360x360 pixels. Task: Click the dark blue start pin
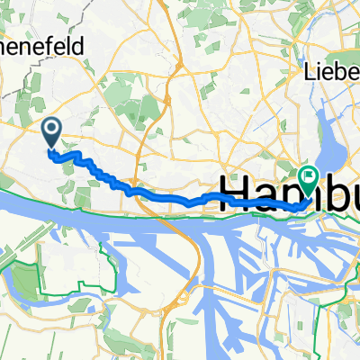[x=51, y=136]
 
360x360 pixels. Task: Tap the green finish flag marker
[x=309, y=180]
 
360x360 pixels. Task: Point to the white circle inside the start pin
[x=51, y=131]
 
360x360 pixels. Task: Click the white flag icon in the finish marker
[x=309, y=176]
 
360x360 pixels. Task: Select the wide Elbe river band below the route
[x=90, y=202]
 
